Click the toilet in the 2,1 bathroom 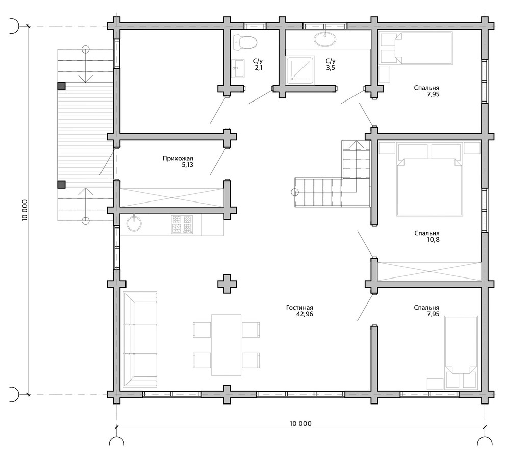pos(245,42)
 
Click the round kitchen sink pos(134,223)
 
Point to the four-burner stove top pos(182,224)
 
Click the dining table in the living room pos(226,345)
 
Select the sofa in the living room pos(140,339)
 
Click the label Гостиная pos(299,308)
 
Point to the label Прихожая pos(178,158)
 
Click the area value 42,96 pos(305,314)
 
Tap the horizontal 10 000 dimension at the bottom pos(300,423)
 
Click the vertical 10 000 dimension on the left pos(25,210)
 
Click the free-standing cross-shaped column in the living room pos(226,284)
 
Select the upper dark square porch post pos(61,86)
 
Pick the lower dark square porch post pos(61,184)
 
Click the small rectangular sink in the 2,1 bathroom pos(238,68)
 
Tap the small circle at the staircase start pos(294,192)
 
